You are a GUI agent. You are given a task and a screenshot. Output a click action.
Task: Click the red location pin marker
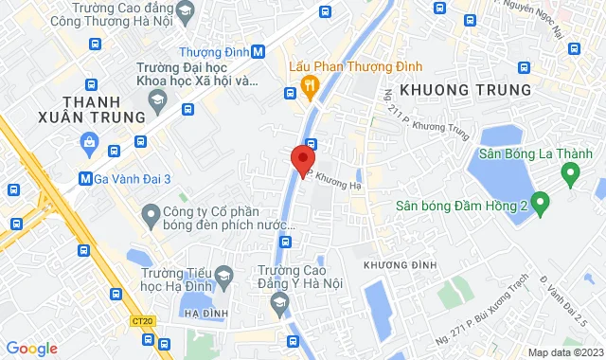pyautogui.click(x=302, y=158)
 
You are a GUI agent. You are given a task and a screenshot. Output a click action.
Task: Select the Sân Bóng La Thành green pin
pyautogui.click(x=570, y=174)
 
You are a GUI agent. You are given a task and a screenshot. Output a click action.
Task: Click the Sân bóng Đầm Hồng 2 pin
pyautogui.click(x=541, y=201)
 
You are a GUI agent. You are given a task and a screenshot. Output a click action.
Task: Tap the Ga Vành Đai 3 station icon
pyautogui.click(x=86, y=177)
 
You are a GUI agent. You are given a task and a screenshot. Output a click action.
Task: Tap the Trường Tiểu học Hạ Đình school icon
pyautogui.click(x=223, y=278)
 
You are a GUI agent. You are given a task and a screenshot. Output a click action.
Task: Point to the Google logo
pyautogui.click(x=30, y=348)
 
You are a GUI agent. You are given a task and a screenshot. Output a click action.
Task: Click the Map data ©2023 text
pyautogui.click(x=562, y=352)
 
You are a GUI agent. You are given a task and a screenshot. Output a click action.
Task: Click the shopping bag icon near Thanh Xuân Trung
pyautogui.click(x=89, y=143)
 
